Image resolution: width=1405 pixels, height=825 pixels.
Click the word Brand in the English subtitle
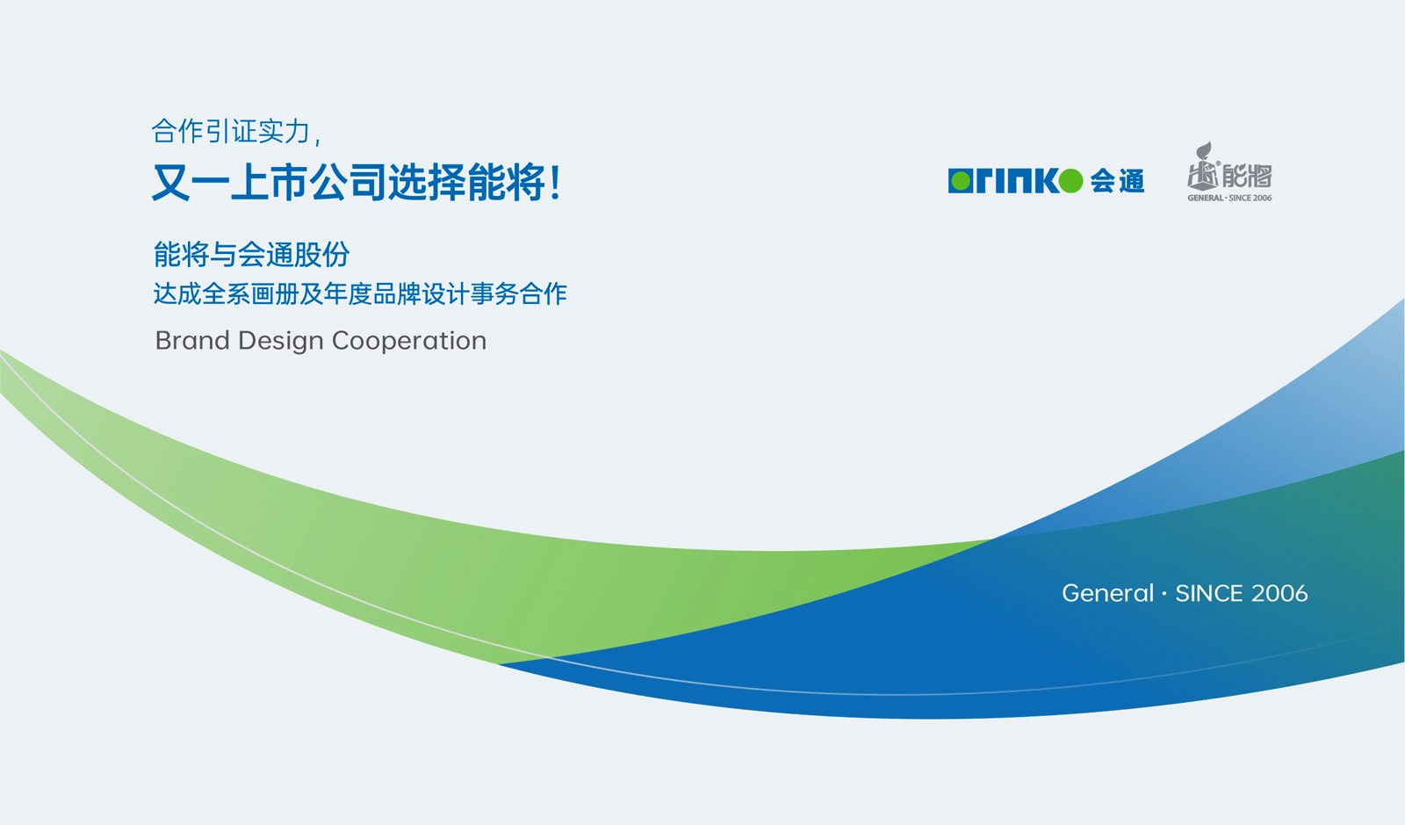point(192,341)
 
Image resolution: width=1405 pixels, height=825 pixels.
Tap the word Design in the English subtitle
point(280,342)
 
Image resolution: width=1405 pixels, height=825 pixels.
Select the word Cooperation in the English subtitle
point(409,342)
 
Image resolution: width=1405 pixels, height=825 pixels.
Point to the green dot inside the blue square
point(961,181)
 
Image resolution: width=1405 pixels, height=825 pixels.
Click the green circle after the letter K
point(1070,181)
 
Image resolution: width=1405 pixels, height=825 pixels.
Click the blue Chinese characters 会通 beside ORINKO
point(1117,181)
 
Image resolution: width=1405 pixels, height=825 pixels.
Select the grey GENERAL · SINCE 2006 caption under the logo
point(1229,198)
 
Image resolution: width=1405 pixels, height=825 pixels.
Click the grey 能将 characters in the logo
point(1246,176)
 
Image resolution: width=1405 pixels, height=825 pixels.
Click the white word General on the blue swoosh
point(1107,593)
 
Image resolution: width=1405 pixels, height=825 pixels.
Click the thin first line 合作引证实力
point(232,132)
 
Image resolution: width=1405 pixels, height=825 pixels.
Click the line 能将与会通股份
point(251,254)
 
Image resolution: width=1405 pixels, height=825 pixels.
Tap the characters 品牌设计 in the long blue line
point(421,293)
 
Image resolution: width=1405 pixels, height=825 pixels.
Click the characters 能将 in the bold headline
point(508,182)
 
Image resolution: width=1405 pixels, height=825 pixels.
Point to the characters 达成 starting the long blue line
point(177,293)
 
